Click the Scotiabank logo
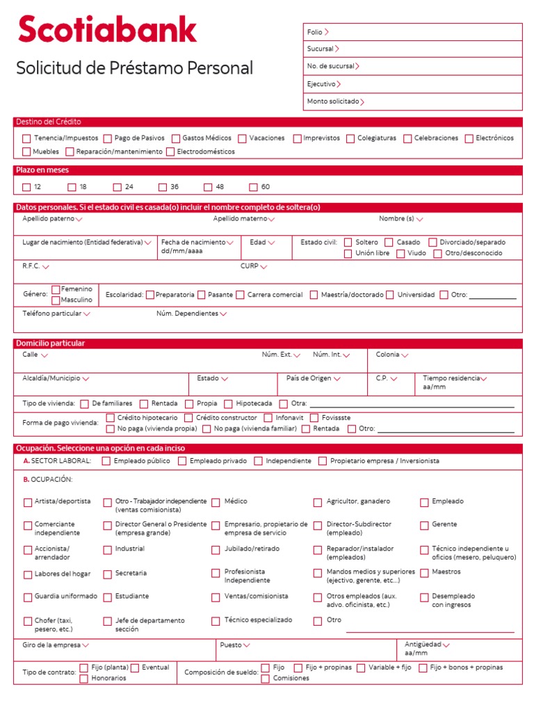coord(107,30)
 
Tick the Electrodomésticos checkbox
coord(170,152)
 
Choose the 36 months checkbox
coord(163,187)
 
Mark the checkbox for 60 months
coord(253,187)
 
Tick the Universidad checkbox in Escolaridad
coord(390,295)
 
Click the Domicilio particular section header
coord(50,343)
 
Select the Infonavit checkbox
coord(268,418)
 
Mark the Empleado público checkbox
coord(106,461)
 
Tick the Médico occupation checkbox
coord(216,502)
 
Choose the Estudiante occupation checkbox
coord(108,597)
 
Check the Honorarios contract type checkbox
coord(83,679)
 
